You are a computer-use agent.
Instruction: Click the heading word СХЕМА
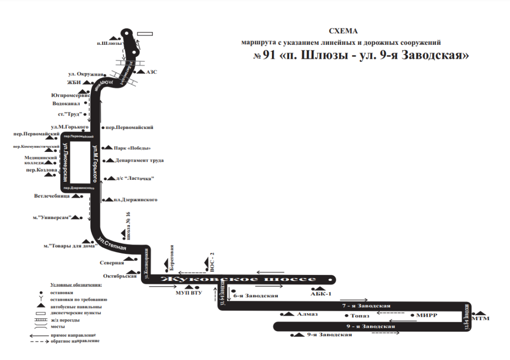pos(344,31)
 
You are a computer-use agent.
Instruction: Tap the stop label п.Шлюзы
pos(109,44)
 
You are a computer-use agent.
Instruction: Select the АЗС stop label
pos(152,72)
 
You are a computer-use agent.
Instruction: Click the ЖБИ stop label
pos(74,82)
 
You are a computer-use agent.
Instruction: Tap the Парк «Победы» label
pos(132,148)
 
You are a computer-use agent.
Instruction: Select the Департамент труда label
pos(139,160)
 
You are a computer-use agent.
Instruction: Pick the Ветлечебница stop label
pos(52,196)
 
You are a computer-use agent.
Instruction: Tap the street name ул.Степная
pos(112,244)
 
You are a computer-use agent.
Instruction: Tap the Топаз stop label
pos(360,316)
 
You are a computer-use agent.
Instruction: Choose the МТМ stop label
pos(480,318)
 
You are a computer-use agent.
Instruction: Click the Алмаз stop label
pos(307,315)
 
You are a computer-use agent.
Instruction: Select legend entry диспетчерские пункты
pos(76,313)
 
